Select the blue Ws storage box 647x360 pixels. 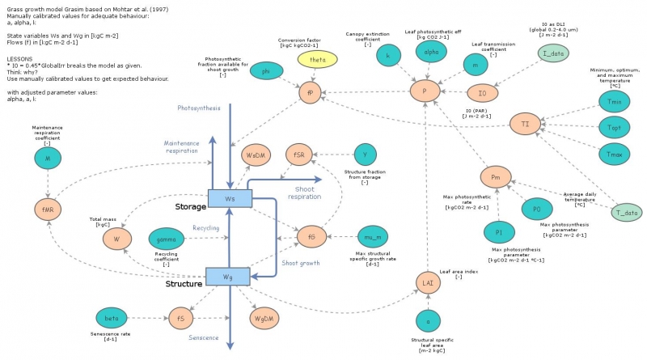coord(230,197)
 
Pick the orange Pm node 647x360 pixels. coord(495,176)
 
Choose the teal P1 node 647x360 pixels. coord(499,233)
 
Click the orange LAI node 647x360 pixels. coord(428,282)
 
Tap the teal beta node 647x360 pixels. coord(112,319)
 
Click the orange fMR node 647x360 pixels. coord(49,209)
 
